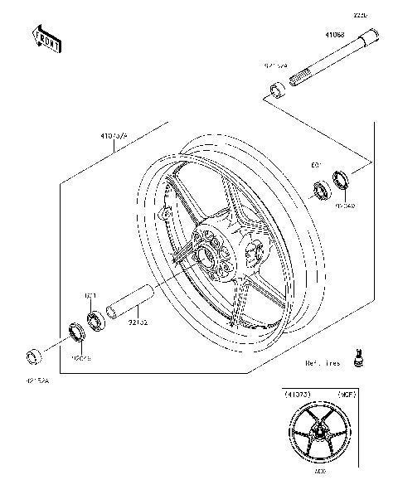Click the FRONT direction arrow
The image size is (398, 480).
point(46,38)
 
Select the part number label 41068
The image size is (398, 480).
point(334,35)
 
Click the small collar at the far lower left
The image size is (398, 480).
point(34,357)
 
